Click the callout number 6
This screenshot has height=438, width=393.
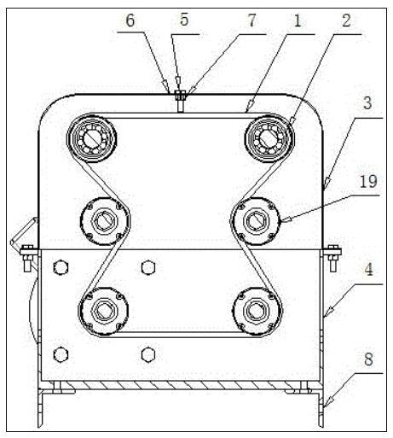coord(130,20)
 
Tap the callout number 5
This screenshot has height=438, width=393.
coord(184,20)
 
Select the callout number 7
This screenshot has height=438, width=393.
coord(251,20)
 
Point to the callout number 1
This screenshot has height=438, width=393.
coord(298,20)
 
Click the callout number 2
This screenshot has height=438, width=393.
coord(346,20)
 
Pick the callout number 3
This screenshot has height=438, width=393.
coord(367,103)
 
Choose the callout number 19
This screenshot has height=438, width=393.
coord(368,181)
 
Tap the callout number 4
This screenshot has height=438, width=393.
coord(368,270)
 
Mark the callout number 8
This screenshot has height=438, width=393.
coord(368,359)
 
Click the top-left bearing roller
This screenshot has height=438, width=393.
coord(91,138)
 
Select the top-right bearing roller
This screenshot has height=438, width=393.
coord(269,138)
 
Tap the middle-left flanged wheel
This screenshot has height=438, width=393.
coord(104,221)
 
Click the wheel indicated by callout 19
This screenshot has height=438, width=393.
coord(257,221)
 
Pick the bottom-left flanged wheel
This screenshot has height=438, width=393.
coord(103,311)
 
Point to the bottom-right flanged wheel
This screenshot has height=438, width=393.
coord(257,311)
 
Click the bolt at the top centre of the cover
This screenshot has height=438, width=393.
coord(180,101)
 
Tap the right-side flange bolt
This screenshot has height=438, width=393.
coord(332,258)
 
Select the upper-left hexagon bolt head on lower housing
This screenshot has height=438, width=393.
coord(61,267)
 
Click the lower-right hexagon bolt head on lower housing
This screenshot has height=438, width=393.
coord(148,354)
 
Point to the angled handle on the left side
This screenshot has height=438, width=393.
coord(23,232)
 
